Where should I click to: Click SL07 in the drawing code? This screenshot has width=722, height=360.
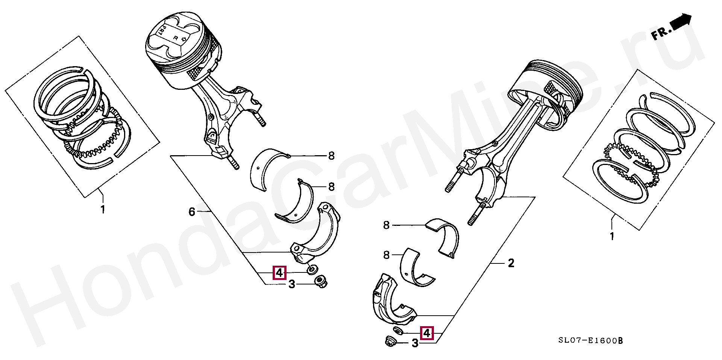pyautogui.click(x=571, y=340)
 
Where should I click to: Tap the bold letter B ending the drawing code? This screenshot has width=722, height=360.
pyautogui.click(x=620, y=340)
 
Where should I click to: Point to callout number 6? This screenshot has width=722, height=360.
pyautogui.click(x=192, y=212)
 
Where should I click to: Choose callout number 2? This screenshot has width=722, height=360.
pyautogui.click(x=511, y=263)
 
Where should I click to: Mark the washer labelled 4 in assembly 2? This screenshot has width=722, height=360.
pyautogui.click(x=398, y=331)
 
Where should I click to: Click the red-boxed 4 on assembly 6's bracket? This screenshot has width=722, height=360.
pyautogui.click(x=279, y=272)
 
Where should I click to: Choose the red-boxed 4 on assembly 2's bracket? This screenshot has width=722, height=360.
pyautogui.click(x=427, y=333)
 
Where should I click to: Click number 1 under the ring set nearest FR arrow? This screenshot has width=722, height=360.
pyautogui.click(x=612, y=236)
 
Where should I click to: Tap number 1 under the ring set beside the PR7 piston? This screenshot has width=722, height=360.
pyautogui.click(x=103, y=209)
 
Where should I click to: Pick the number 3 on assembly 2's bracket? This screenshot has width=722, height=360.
pyautogui.click(x=415, y=343)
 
